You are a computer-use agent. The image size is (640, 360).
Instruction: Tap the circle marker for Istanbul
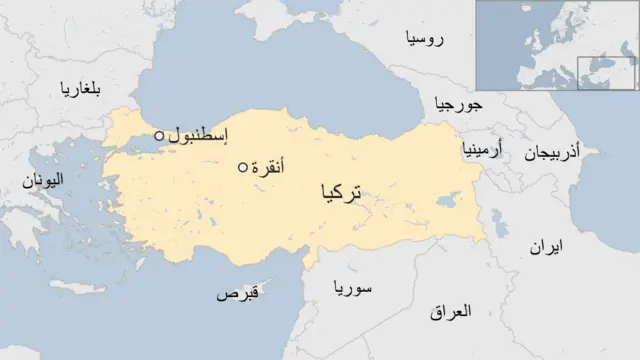[x=159, y=136]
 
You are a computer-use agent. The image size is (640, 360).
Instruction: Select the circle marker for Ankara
[x=242, y=167]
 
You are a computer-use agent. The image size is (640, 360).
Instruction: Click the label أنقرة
[x=270, y=166]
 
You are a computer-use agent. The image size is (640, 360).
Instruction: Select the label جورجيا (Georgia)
[x=459, y=104]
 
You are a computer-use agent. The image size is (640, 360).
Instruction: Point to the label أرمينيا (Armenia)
[x=482, y=151]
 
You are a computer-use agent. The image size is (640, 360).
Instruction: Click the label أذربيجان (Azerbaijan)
[x=552, y=152]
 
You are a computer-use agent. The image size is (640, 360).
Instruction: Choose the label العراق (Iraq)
[x=448, y=313]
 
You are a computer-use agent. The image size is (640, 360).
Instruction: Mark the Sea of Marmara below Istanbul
[x=150, y=148]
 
